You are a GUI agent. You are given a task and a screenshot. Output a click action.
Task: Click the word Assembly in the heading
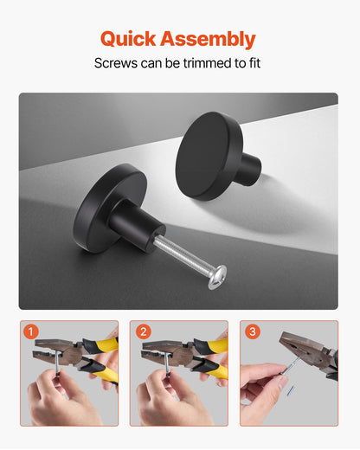(x=210, y=39)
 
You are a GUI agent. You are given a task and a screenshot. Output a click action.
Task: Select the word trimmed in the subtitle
(x=205, y=64)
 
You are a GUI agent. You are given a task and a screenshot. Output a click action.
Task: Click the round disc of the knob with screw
(x=99, y=208)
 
